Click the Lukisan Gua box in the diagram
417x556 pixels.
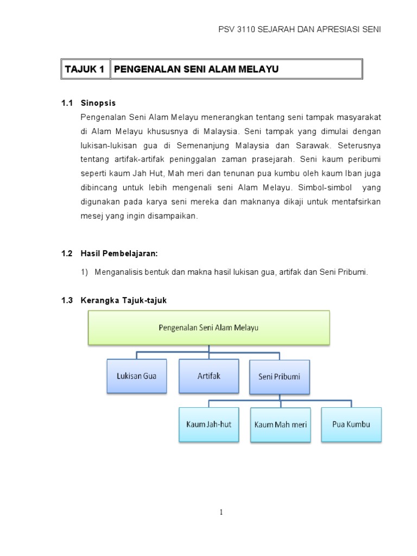[x=136, y=375]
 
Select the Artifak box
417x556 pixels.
[x=208, y=375]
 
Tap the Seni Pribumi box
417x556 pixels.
[x=280, y=376]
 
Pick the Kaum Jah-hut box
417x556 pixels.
[x=208, y=424]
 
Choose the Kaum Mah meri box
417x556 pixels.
[x=280, y=424]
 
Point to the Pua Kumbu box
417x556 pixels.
[x=351, y=424]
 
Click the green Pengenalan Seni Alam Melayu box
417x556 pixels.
[x=208, y=327]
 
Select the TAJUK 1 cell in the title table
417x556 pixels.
[x=85, y=69]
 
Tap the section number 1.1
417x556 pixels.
[x=67, y=103]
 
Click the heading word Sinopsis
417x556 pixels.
[x=98, y=103]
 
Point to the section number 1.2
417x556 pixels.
[x=67, y=254]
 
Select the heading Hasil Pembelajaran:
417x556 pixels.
[x=119, y=254]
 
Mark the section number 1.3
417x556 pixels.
[x=67, y=300]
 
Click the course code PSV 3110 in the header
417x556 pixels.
[x=238, y=29]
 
